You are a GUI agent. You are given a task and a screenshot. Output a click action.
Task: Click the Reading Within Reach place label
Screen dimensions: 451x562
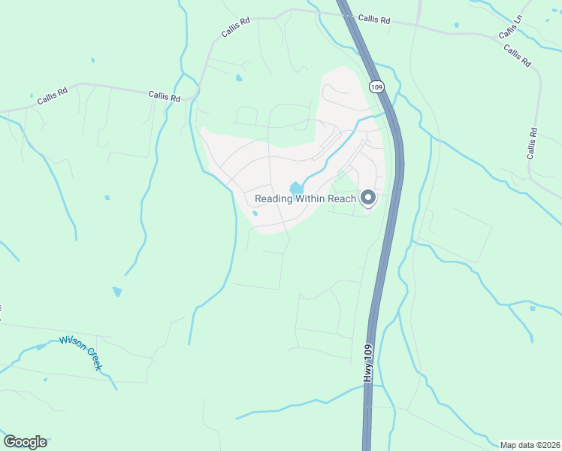pos(305,198)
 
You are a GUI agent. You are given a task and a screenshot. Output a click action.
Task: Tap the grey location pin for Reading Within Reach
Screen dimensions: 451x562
pos(368,198)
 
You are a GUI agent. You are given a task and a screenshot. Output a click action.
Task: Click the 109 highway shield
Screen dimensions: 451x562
pos(377,87)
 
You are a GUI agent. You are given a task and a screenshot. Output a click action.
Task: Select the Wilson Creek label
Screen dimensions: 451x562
pos(80,353)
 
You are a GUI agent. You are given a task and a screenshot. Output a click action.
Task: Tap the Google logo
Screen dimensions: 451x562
pos(25,442)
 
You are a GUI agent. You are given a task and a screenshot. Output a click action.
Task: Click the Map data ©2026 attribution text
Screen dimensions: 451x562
pos(530,444)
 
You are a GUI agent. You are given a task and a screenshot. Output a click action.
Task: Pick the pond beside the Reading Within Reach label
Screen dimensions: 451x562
pos(297,187)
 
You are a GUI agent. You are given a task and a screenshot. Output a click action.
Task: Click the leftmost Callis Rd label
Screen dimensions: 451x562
pos(53,95)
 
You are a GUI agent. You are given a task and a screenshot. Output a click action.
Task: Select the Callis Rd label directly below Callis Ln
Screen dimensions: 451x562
pos(518,56)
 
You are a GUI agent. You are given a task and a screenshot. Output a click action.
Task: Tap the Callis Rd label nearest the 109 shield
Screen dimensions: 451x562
pos(373,20)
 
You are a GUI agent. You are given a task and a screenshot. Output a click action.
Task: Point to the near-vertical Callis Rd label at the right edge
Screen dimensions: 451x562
pos(532,143)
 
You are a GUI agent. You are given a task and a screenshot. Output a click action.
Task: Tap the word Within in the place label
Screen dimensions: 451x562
pos(311,198)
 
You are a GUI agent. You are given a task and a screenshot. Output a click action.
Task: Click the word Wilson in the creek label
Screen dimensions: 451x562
pos(70,344)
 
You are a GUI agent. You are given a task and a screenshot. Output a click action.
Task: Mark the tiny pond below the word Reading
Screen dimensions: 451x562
pos(255,213)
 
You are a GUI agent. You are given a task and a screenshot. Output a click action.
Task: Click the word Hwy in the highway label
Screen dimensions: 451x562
pos(368,380)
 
